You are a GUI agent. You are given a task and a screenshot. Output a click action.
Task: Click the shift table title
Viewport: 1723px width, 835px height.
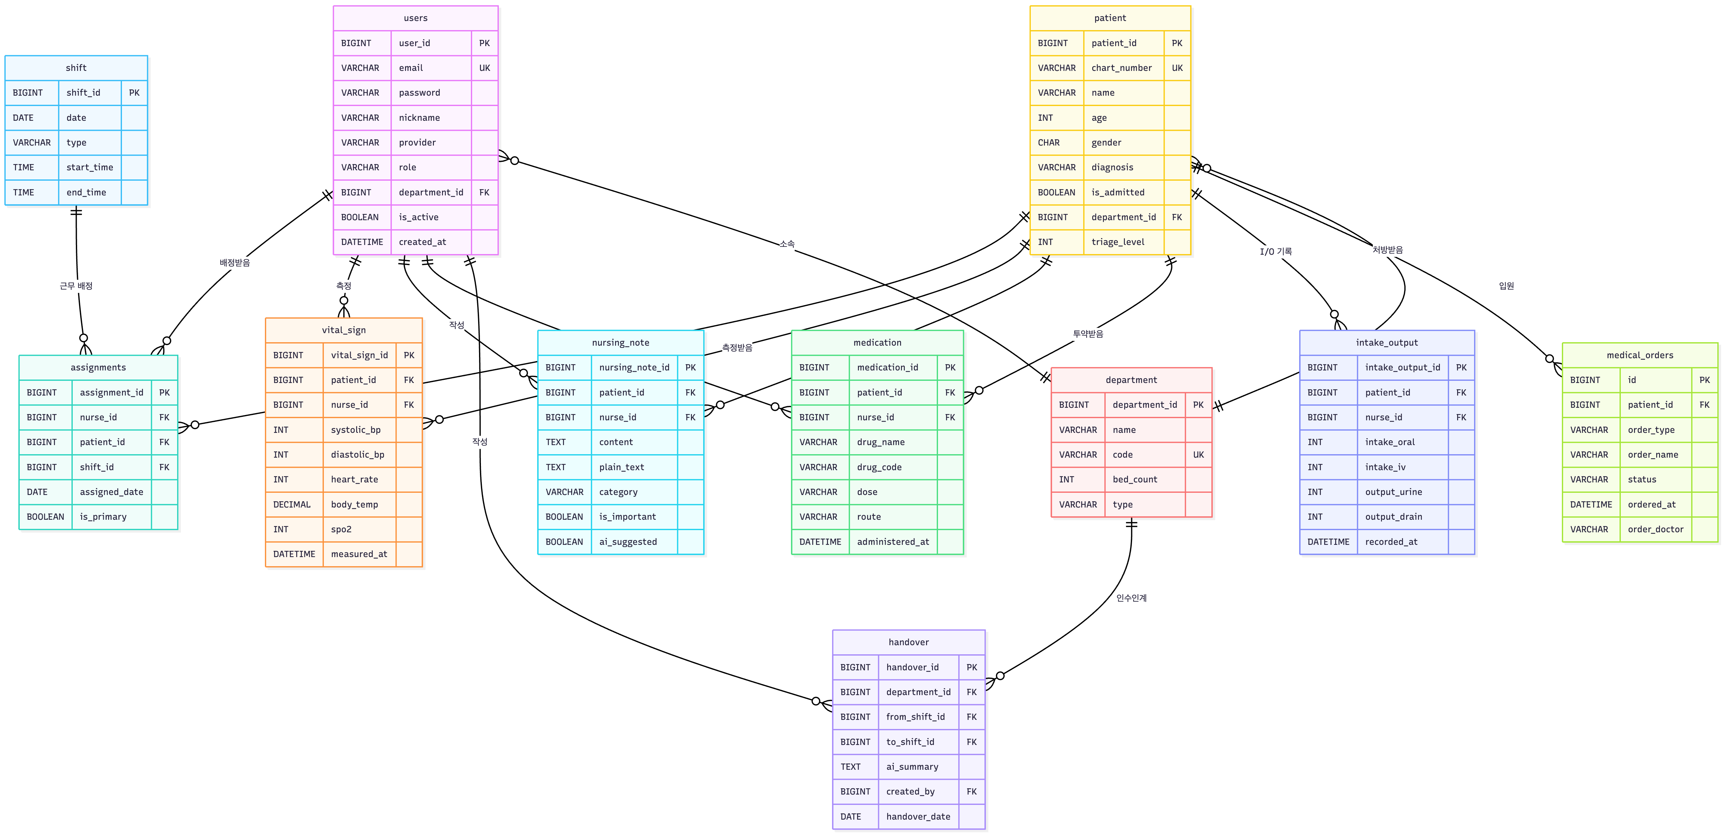coord(76,67)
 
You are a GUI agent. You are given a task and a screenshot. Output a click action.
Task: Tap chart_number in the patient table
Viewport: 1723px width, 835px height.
coord(1122,67)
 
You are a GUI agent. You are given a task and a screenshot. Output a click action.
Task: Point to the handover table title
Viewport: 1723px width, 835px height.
coord(908,642)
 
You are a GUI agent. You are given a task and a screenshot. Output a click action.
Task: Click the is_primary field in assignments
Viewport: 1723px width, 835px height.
coord(103,517)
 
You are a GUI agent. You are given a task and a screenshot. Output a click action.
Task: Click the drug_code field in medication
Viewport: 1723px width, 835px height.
coord(879,467)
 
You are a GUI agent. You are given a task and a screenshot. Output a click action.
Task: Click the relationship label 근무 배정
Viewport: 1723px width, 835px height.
coord(76,286)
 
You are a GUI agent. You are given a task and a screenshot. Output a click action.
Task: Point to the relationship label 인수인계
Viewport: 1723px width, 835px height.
coord(1131,598)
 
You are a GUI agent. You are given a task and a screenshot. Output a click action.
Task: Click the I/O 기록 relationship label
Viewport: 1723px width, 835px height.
coord(1276,252)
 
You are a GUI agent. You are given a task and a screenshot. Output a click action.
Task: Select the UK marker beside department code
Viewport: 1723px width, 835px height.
coord(1198,454)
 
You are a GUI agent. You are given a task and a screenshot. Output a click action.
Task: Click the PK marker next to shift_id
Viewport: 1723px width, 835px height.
coord(134,92)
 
